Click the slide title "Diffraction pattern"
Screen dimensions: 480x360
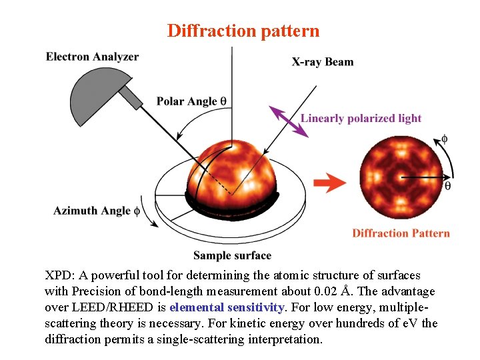(x=243, y=31)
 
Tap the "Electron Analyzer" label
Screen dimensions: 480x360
(x=92, y=57)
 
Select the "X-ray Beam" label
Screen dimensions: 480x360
(x=323, y=62)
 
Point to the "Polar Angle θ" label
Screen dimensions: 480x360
(x=191, y=101)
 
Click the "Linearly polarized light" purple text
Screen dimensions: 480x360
(x=361, y=119)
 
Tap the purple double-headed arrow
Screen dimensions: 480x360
(x=289, y=121)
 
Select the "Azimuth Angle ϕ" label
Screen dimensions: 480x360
(x=97, y=211)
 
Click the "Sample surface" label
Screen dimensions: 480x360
(x=232, y=255)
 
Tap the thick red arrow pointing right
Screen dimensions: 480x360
(x=330, y=183)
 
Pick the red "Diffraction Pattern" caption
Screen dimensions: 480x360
(x=401, y=233)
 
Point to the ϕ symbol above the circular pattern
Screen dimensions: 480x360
(x=444, y=139)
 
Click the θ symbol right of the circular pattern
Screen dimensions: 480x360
(x=447, y=186)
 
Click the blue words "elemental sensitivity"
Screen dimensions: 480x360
(x=227, y=307)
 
